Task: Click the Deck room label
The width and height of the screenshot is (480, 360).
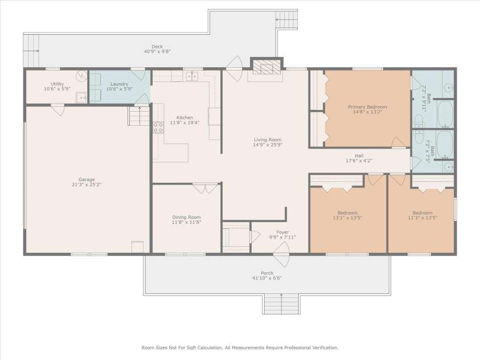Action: click(157, 46)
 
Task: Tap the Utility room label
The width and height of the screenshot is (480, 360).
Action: click(57, 84)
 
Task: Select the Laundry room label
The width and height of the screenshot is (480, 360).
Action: click(120, 84)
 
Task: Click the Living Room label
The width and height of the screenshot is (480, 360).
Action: click(267, 140)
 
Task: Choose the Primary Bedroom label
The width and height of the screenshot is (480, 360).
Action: click(367, 107)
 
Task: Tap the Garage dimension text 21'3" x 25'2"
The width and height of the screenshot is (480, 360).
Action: click(87, 185)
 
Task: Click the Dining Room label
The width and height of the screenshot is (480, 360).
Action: click(186, 217)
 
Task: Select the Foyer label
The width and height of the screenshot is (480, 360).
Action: click(282, 232)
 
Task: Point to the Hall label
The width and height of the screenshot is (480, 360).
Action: click(359, 156)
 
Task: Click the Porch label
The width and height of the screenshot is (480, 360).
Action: click(267, 273)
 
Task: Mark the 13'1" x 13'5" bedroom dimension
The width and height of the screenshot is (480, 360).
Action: click(347, 218)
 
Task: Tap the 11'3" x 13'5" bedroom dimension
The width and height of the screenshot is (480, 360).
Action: click(422, 218)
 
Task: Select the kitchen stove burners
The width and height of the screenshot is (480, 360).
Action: click(158, 128)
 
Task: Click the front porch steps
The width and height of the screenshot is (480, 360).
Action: click(281, 303)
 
